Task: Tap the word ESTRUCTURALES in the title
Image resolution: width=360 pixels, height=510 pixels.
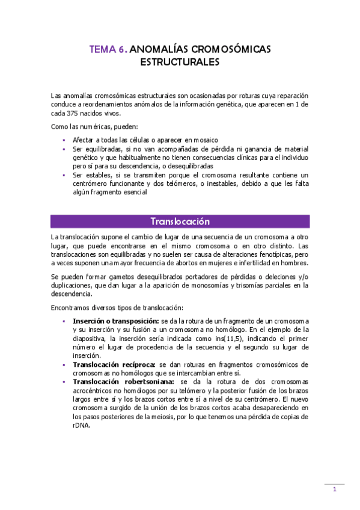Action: click(180, 62)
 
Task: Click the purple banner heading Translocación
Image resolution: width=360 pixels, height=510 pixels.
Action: click(180, 221)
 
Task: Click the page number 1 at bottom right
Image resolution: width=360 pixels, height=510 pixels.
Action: click(335, 490)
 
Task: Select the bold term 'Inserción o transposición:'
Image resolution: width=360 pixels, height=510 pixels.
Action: click(116, 321)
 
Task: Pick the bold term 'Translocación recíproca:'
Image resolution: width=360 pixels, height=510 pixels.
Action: click(114, 364)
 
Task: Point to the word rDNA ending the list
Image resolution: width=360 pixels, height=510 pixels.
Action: click(81, 425)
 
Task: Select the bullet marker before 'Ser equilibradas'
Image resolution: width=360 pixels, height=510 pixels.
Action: click(64, 149)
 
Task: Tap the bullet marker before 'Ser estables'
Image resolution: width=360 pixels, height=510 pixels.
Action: click(64, 175)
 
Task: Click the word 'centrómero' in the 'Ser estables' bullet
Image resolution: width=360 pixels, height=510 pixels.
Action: click(91, 183)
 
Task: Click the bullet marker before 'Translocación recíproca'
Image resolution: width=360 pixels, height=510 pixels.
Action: click(64, 364)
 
